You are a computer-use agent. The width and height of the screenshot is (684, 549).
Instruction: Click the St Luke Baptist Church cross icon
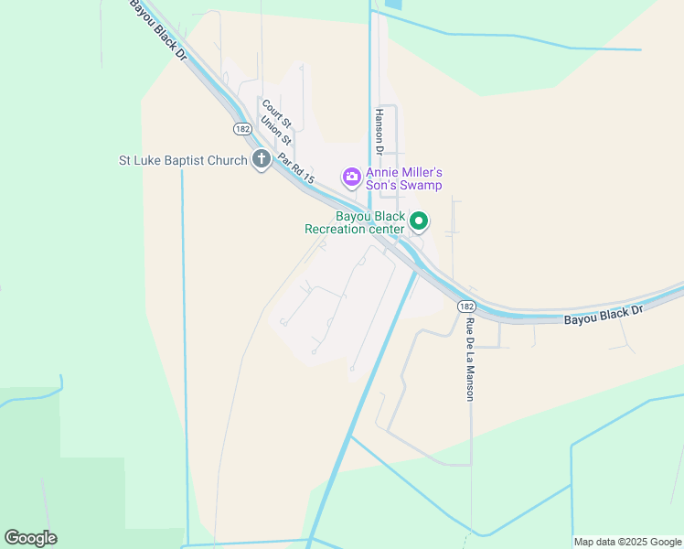pos(261,160)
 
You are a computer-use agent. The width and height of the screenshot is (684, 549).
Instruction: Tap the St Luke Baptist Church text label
pos(183,161)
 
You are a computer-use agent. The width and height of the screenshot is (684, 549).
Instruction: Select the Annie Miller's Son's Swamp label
pos(404,178)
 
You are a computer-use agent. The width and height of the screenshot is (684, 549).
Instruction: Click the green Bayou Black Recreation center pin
pos(419,221)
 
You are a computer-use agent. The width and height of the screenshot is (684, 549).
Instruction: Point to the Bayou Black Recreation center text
pos(354,222)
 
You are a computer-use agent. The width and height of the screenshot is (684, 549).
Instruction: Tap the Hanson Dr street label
pos(379,133)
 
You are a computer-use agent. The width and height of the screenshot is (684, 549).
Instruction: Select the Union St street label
pos(276,129)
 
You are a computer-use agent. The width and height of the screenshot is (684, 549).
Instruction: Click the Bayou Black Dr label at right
pos(604,315)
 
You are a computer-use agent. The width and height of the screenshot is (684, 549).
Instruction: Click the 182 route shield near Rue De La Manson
pos(466,306)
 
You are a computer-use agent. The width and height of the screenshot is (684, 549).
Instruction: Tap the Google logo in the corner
pos(30,538)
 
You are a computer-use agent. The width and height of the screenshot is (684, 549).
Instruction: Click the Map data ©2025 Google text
pos(627,542)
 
